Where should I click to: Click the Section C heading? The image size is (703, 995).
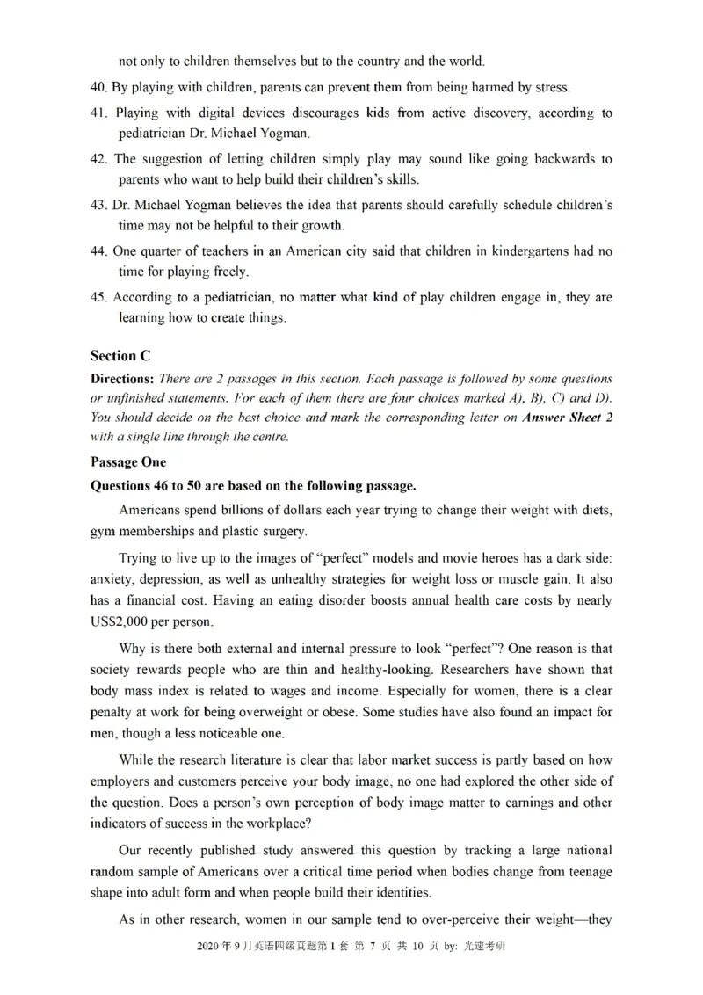coord(120,356)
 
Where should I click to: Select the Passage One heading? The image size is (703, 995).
coord(127,461)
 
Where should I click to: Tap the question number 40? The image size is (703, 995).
coord(98,87)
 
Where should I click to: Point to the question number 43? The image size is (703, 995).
coord(98,205)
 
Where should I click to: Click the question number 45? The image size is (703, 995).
coord(98,298)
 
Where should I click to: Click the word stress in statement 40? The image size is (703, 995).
coord(550,87)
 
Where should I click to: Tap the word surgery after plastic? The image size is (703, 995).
coord(283,530)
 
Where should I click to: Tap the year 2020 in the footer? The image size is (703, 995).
coord(210,947)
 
